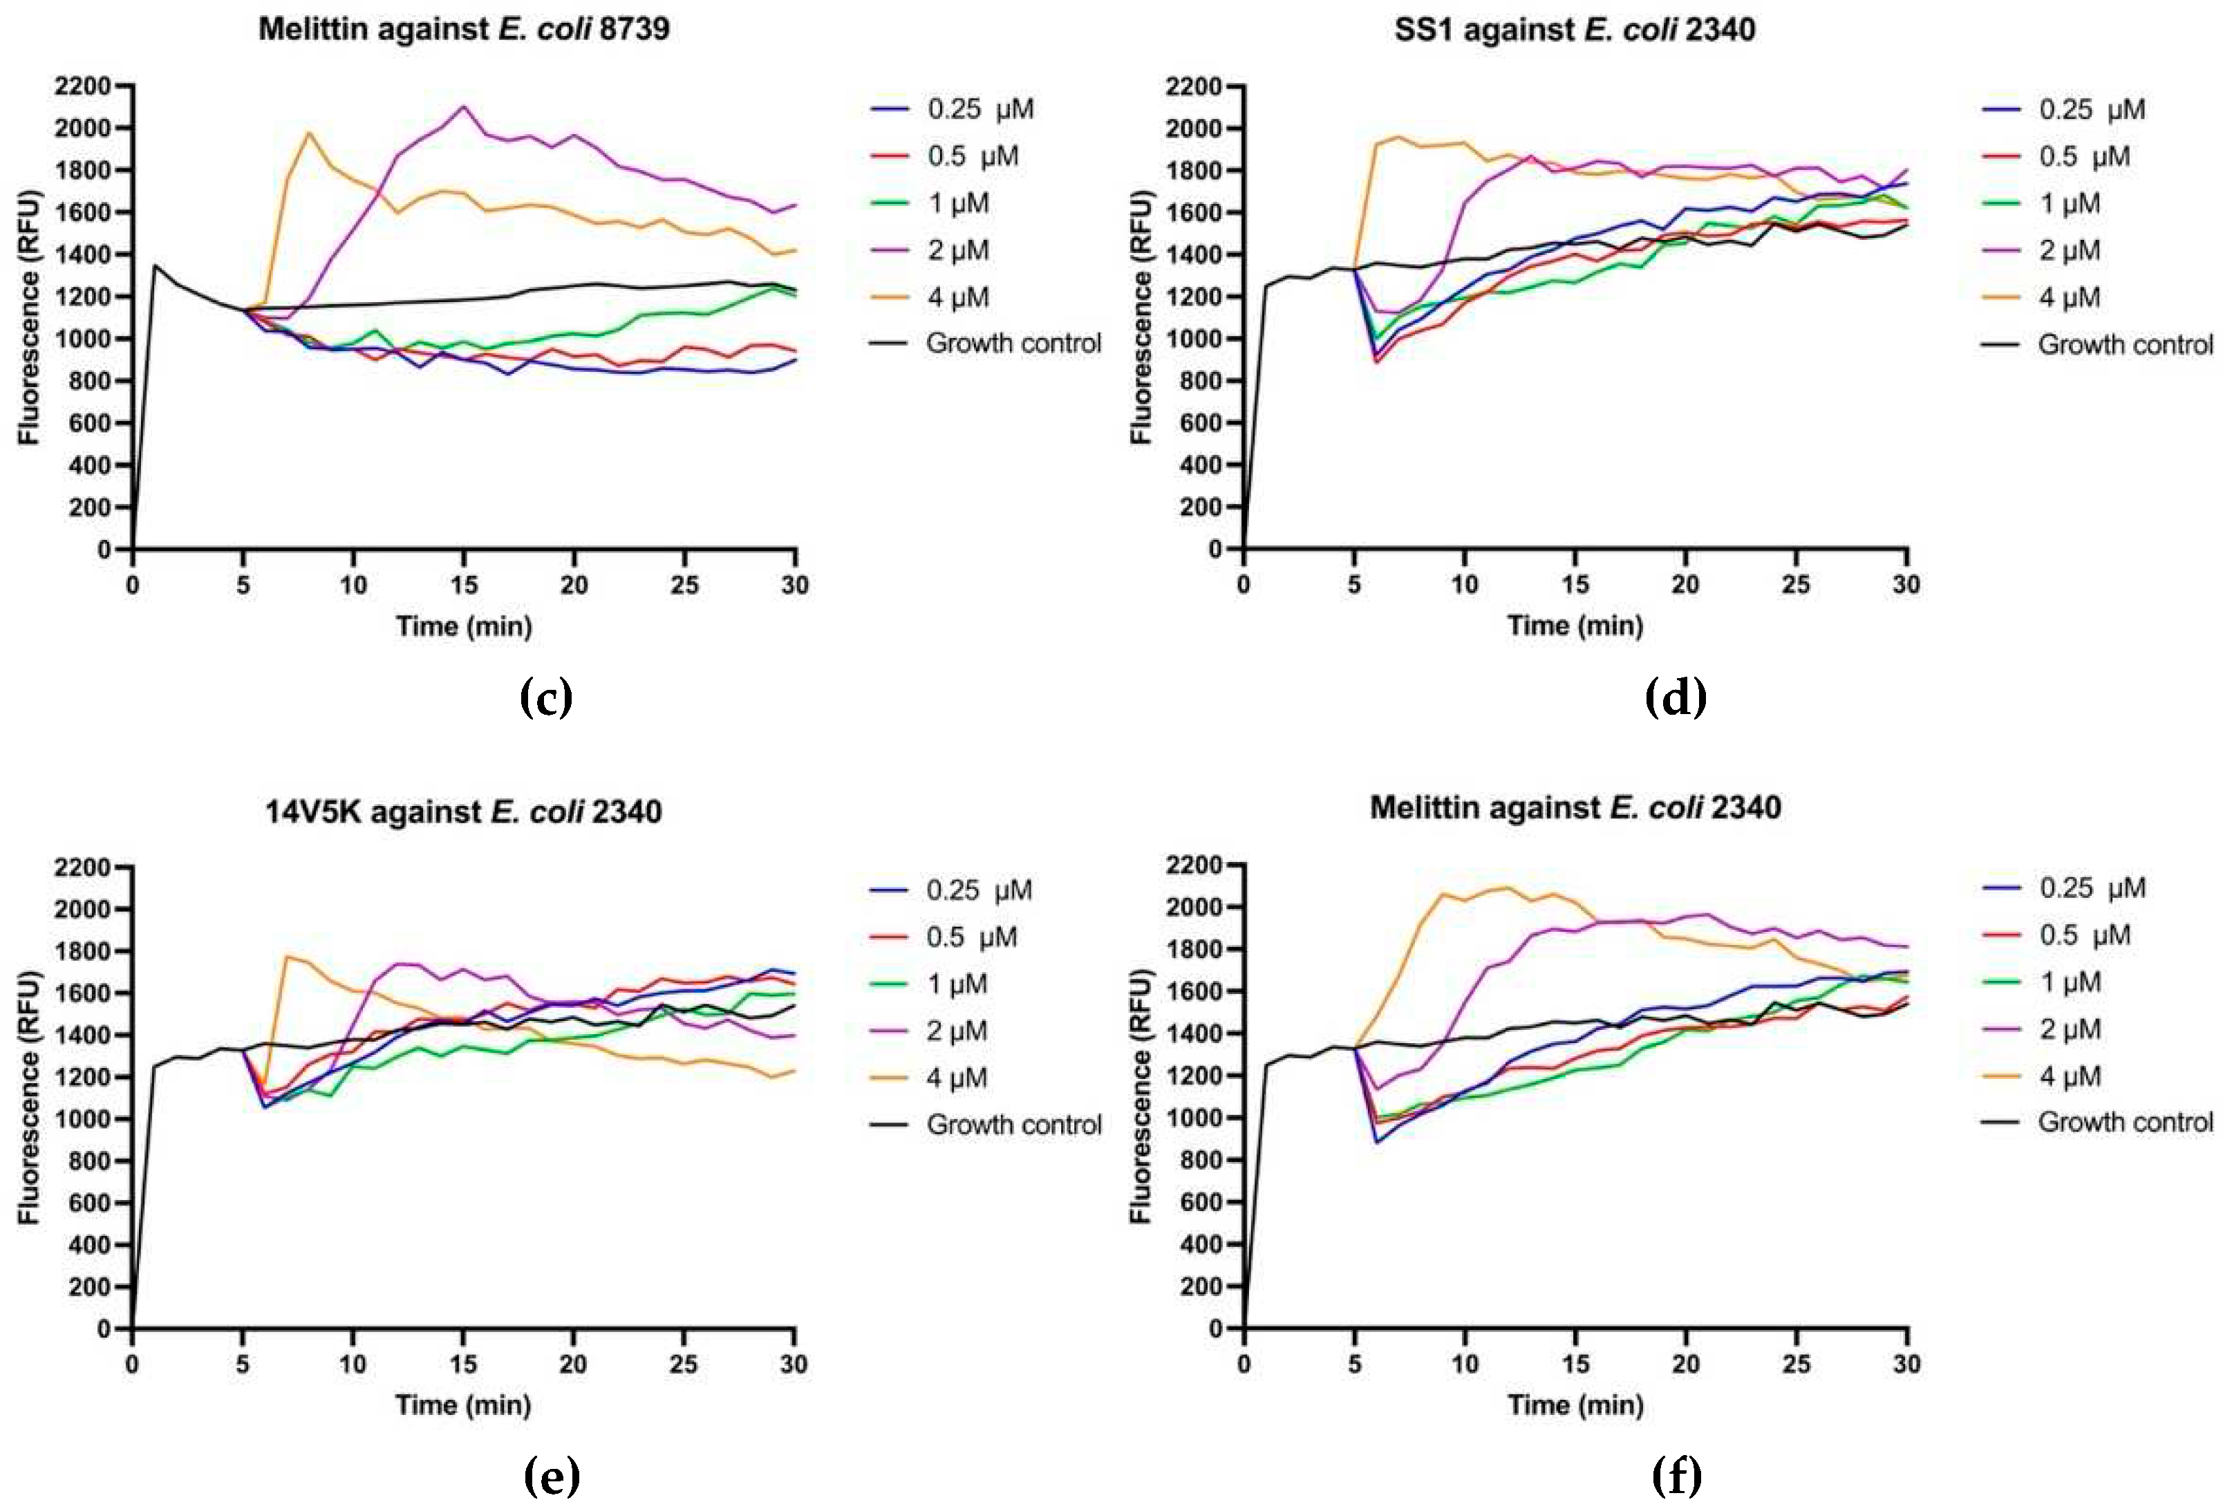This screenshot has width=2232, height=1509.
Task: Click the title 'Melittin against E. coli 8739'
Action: (464, 29)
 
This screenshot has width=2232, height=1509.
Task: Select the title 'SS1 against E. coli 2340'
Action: (1575, 30)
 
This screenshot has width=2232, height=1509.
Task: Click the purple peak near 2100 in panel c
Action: (464, 106)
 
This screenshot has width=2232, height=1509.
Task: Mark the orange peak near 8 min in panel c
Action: (309, 133)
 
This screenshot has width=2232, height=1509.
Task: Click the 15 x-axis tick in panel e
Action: (463, 1364)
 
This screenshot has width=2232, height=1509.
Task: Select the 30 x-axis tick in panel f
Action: (1906, 1364)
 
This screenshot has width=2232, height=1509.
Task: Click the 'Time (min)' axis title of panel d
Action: (1575, 626)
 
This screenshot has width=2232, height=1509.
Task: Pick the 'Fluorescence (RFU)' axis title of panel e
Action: (29, 1097)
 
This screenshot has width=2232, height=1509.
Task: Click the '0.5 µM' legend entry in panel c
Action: (972, 156)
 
